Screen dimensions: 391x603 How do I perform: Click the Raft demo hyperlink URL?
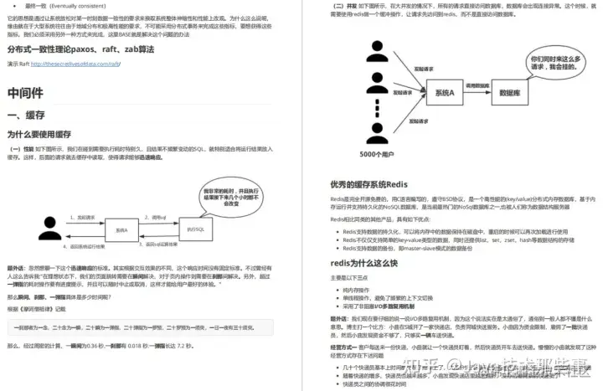click(77, 63)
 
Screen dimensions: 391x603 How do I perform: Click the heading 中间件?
click(25, 92)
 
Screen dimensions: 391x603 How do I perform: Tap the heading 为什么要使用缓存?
click(39, 134)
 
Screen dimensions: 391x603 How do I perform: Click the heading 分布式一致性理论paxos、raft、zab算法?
click(69, 49)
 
